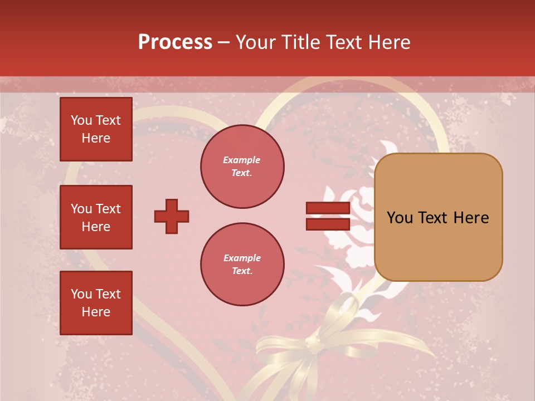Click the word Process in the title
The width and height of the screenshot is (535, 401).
coord(175,42)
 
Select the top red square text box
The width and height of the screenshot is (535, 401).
coord(96,129)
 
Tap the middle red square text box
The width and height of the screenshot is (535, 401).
coord(96,217)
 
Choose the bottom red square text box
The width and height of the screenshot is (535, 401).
coord(96,302)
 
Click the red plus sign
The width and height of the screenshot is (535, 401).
coord(171,216)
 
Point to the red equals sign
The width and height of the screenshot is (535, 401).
coord(328,216)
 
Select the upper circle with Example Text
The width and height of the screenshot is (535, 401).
coord(242,166)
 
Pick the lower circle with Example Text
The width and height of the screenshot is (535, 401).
coord(242,264)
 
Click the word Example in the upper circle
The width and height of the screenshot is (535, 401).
coord(242,160)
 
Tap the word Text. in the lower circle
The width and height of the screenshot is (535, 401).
coord(242,271)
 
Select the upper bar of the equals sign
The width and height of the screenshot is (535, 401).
coord(328,208)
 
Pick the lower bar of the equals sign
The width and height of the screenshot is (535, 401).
coord(328,224)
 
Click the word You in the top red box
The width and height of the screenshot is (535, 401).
coord(81,120)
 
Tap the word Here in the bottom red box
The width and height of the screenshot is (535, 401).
coord(96,312)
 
